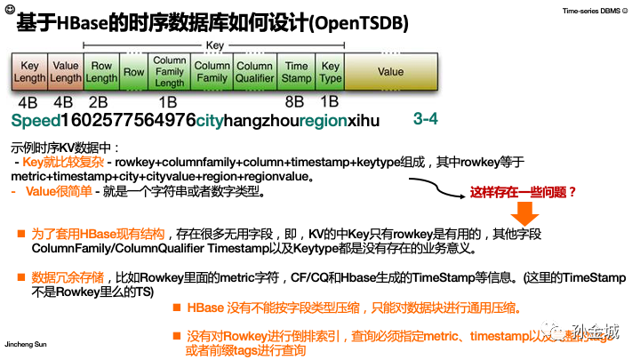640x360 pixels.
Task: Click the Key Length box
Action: (29, 72)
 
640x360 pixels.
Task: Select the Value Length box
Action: (65, 72)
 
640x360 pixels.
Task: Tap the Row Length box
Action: (101, 72)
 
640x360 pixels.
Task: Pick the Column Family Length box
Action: (170, 72)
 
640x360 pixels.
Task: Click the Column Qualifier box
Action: (254, 72)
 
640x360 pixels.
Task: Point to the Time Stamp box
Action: (296, 72)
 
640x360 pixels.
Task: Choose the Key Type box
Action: (331, 72)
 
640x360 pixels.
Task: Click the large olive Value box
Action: (390, 72)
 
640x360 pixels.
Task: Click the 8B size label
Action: (294, 101)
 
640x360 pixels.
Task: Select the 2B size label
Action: (99, 101)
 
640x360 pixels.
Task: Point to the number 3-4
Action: (426, 119)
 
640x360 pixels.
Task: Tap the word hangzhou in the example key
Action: (260, 121)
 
